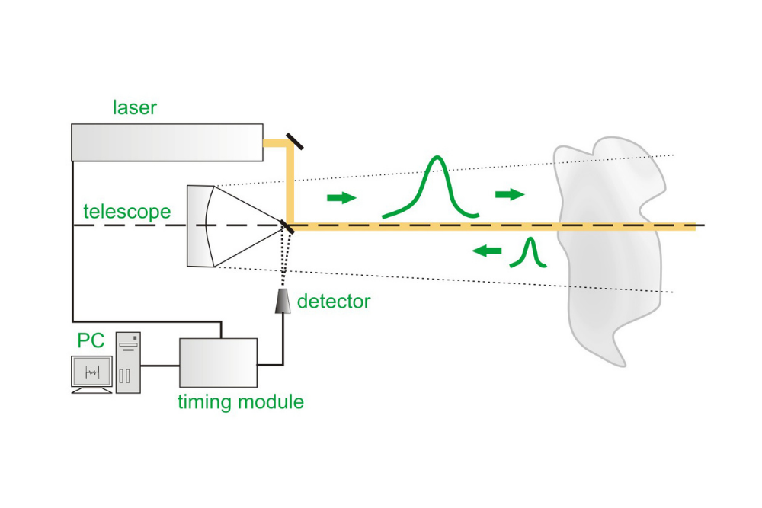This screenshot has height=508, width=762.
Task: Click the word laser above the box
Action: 134,107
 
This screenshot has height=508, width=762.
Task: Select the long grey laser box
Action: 167,142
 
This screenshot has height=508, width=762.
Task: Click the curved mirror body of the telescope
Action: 200,225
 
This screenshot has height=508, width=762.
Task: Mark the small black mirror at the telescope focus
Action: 288,226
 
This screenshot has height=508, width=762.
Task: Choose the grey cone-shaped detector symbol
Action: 283,301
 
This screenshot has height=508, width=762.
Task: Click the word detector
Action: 334,302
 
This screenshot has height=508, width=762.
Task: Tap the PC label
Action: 91,340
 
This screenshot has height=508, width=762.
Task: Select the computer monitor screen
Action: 91,371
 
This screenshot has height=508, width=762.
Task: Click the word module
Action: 271,402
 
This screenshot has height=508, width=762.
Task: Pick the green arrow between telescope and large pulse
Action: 341,198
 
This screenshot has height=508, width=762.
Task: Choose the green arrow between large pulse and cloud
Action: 510,195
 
